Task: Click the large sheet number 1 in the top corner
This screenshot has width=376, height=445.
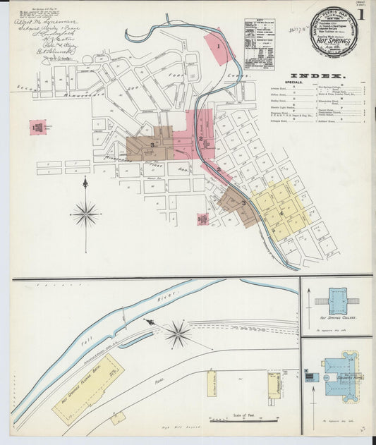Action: pos(360,15)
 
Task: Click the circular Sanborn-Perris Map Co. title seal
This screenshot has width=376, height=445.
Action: pos(334,32)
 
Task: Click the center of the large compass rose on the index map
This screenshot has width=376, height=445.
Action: pos(85,213)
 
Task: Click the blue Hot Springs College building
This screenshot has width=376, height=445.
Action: pos(336,299)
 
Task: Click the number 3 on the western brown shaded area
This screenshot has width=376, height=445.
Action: pos(152,145)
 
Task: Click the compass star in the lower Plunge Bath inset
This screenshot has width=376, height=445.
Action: pos(177,333)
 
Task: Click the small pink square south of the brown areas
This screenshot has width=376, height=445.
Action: pos(203,219)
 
